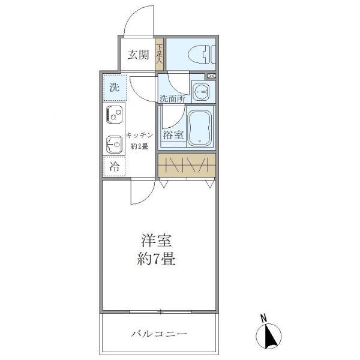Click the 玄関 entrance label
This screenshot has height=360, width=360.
click(137, 55)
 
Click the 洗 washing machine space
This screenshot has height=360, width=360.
click(114, 87)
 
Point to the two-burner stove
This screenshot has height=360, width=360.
click(115, 115)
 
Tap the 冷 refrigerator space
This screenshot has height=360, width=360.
click(113, 166)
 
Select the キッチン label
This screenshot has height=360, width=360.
click(140, 136)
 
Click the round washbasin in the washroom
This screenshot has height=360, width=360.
click(203, 92)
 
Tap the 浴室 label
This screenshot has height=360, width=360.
click(173, 136)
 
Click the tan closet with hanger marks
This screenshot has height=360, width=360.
click(186, 165)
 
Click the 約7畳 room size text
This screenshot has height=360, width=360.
click(157, 261)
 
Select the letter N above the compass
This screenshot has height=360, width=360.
click(264, 318)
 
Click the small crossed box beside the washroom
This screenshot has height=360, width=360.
click(211, 76)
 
